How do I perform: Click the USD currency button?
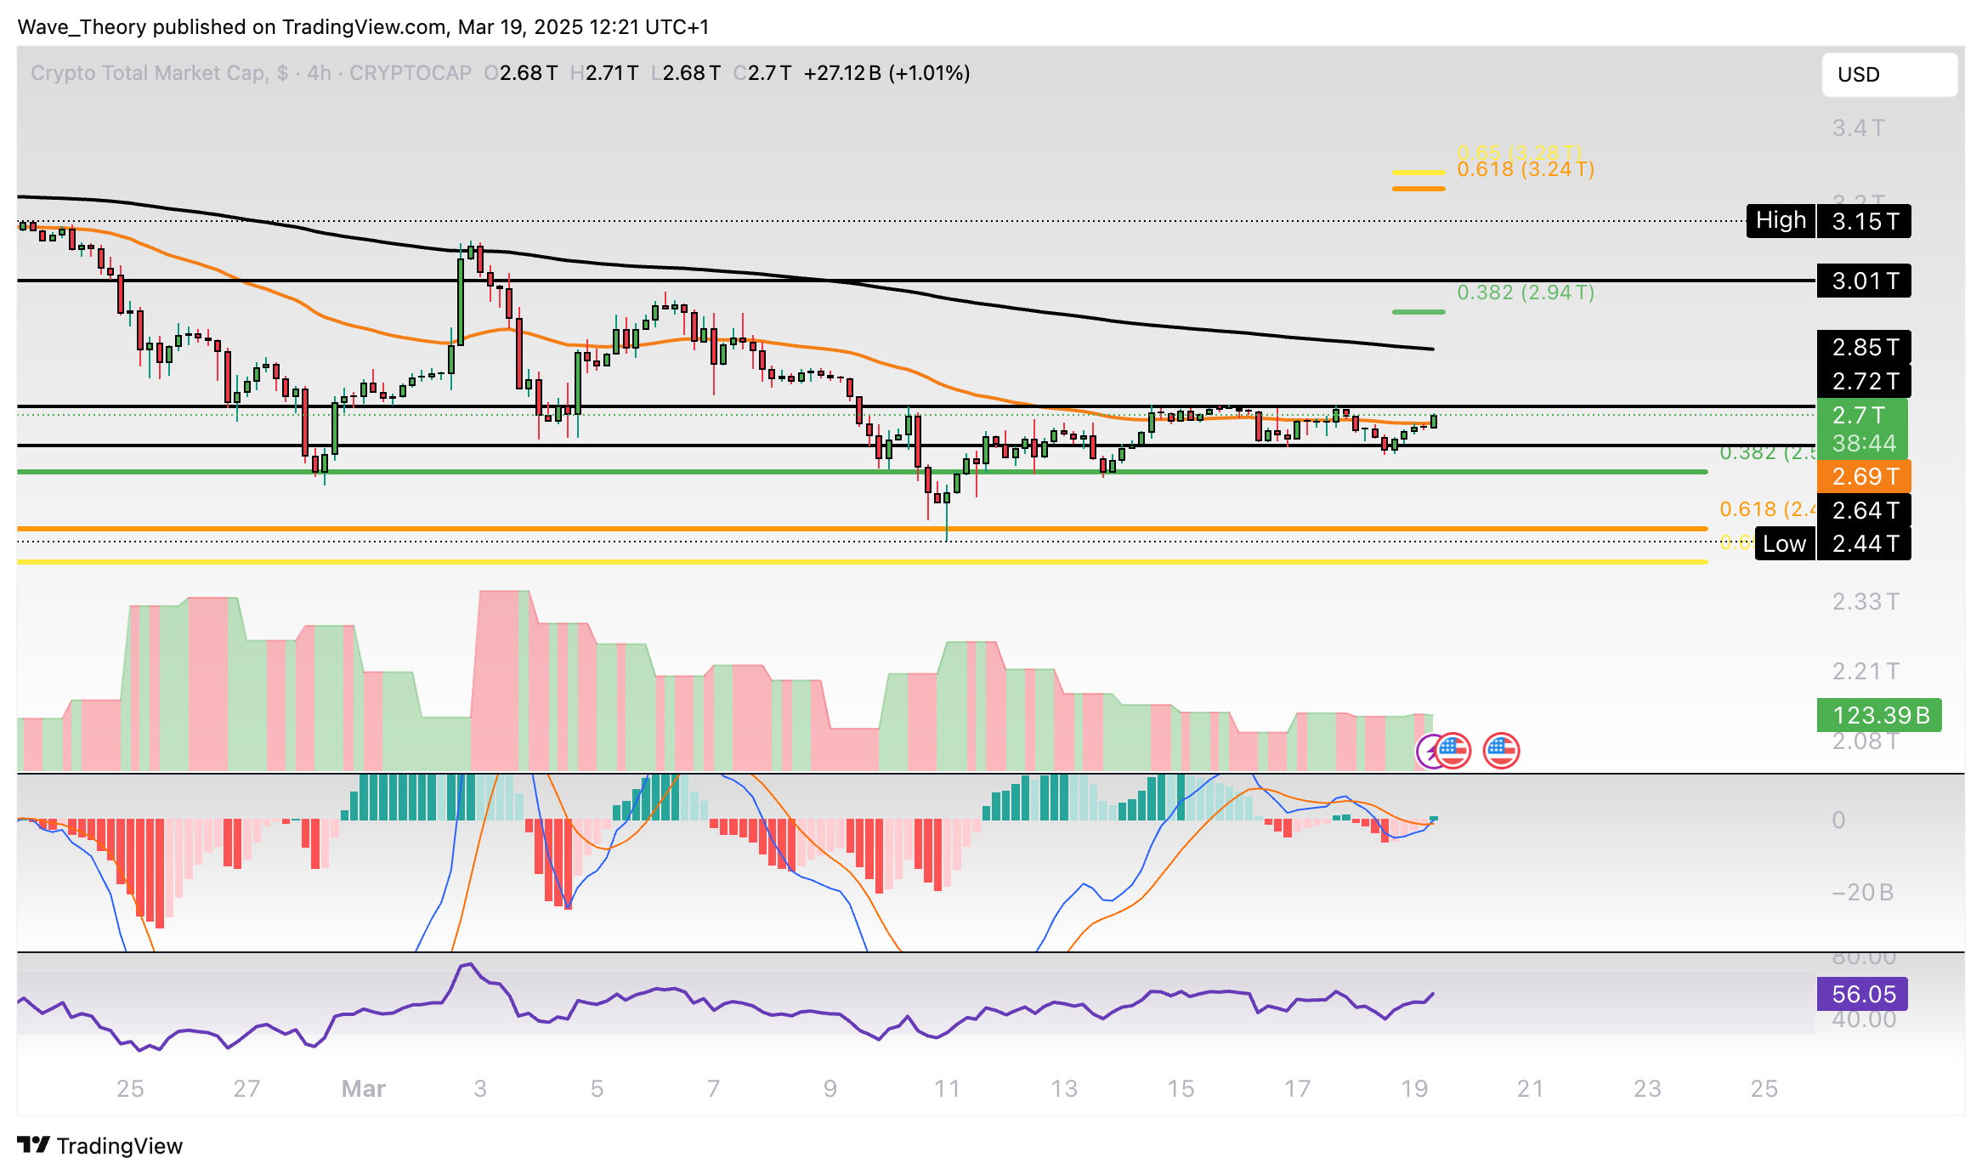[1889, 75]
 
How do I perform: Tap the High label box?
[1780, 221]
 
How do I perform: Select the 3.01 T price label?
[1863, 281]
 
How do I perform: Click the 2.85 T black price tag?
[1863, 347]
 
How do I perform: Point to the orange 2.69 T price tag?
[1863, 476]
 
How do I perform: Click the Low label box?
[1783, 543]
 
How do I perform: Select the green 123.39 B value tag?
[1878, 715]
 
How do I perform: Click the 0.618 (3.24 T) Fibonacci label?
[1525, 169]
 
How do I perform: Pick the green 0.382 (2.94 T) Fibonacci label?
[1525, 292]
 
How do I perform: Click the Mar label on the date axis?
[363, 1088]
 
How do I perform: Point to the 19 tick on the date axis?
[1413, 1088]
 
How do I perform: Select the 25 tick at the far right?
[1764, 1088]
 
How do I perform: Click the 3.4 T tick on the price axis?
[1858, 128]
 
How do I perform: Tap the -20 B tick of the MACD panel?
[1861, 892]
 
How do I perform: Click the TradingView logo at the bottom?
[99, 1145]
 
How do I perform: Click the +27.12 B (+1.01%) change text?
[886, 73]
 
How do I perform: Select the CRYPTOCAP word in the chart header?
[410, 73]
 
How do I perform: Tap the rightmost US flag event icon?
[1501, 750]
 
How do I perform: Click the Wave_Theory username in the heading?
[82, 27]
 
